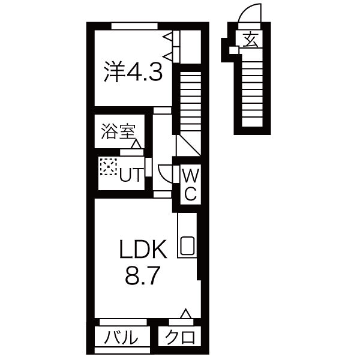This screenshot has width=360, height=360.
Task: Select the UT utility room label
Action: (131, 175)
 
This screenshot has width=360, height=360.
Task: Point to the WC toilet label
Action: (190, 184)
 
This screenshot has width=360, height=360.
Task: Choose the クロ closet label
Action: (181, 337)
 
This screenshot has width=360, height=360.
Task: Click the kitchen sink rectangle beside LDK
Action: (187, 245)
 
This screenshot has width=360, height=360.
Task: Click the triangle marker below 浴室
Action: (137, 145)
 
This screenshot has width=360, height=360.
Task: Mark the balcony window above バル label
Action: (119, 321)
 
